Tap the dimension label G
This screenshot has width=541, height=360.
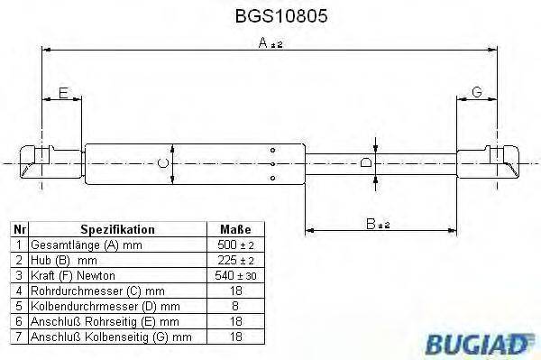477,93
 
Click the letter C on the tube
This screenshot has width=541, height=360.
161,162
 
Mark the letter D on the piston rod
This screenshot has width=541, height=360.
365,162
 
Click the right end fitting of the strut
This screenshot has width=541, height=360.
491,163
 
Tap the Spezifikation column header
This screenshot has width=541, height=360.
117,229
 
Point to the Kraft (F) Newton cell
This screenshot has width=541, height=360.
73,275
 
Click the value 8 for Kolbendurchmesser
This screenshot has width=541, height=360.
235,306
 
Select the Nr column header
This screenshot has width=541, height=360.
17,229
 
